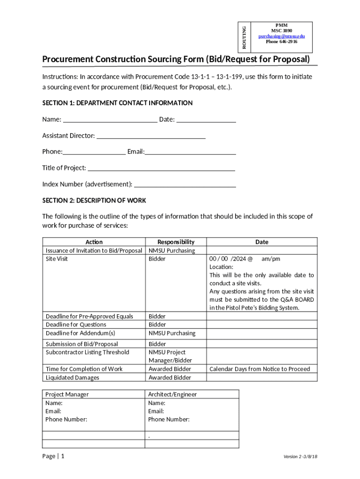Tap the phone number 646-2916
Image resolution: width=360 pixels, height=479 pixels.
point(281,42)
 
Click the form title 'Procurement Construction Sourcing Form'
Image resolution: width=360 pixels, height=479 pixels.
point(176,59)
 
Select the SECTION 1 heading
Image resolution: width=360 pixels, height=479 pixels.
point(117,103)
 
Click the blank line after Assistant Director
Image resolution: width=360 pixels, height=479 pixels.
point(151,136)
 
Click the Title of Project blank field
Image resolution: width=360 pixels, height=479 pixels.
point(161,168)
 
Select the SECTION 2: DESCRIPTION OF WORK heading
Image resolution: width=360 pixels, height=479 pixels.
point(94,200)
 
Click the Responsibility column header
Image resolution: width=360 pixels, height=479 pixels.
point(176,242)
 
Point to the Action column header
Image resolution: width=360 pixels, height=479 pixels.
point(94,242)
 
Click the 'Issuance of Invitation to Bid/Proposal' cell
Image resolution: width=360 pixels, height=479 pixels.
point(94,251)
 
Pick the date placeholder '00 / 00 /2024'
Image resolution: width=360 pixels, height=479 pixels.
point(228,259)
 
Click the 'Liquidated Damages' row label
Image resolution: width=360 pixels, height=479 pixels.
point(72,377)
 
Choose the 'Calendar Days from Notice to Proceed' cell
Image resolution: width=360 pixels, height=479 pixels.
point(259,369)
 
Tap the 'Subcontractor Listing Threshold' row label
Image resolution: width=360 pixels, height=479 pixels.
point(87,352)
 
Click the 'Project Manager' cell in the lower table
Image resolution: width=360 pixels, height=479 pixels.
point(67,394)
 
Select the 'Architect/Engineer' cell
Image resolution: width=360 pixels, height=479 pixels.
point(173,394)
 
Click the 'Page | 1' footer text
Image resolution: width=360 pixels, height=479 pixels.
point(53,456)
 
